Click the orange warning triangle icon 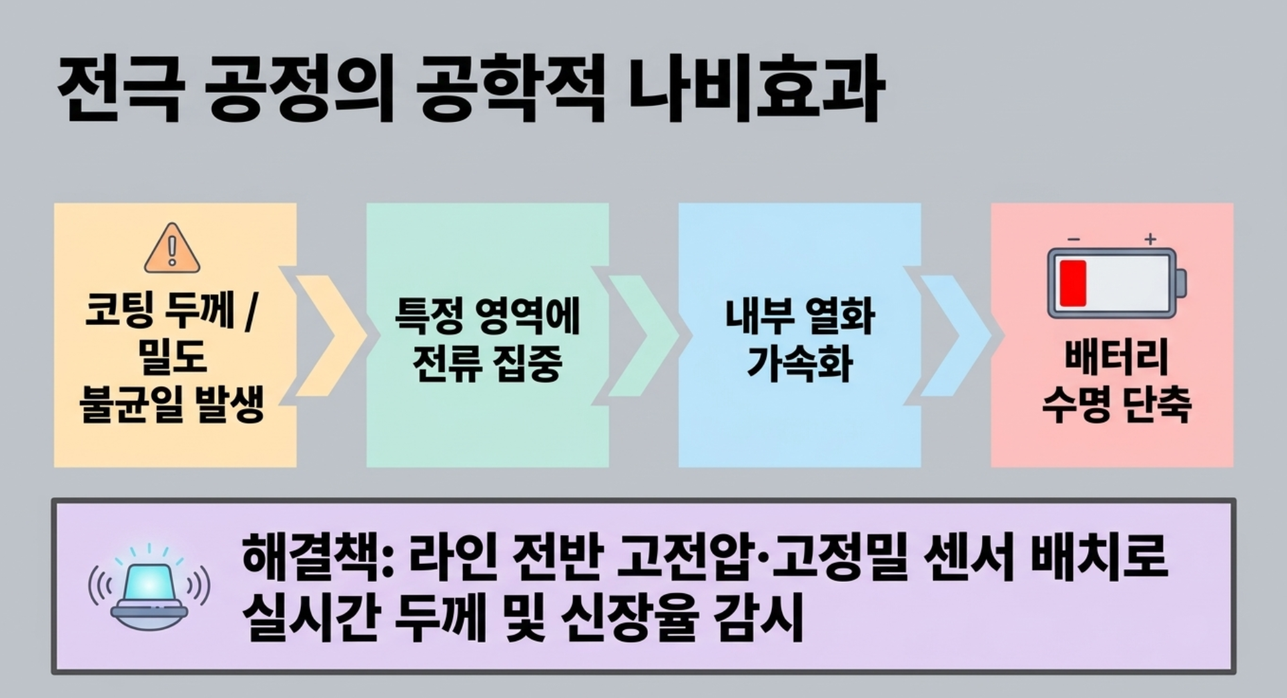pos(172,248)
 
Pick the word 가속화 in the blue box pos(799,364)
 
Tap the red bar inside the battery pos(1073,284)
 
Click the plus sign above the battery pos(1150,239)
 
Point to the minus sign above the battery pos(1074,239)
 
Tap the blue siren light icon pos(149,587)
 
